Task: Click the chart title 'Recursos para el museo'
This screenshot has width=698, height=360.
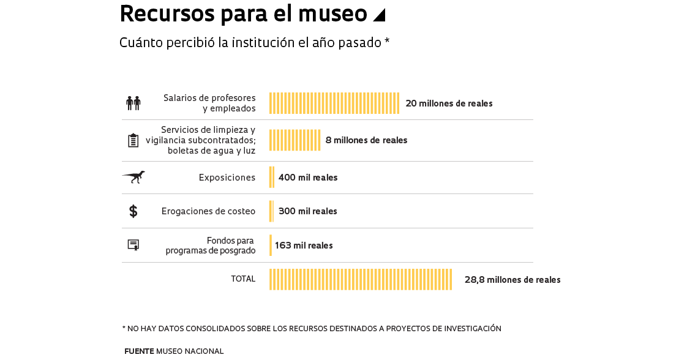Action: pyautogui.click(x=243, y=14)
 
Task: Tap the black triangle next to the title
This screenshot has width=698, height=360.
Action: pyautogui.click(x=380, y=15)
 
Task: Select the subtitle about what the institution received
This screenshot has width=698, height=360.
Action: pyautogui.click(x=254, y=43)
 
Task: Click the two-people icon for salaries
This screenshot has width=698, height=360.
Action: pyautogui.click(x=133, y=103)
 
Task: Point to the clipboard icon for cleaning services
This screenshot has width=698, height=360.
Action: pyautogui.click(x=133, y=140)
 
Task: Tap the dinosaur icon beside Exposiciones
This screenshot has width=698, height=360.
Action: pyautogui.click(x=133, y=177)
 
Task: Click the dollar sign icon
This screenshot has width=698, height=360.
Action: pyautogui.click(x=133, y=211)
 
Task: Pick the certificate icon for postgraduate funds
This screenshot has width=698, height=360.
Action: pyautogui.click(x=133, y=245)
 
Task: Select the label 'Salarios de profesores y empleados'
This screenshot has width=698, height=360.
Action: pyautogui.click(x=209, y=103)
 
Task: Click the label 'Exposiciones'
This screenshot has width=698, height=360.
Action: pyautogui.click(x=227, y=178)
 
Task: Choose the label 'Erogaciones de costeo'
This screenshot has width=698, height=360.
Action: pyautogui.click(x=208, y=211)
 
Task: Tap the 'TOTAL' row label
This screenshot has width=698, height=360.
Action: pyautogui.click(x=243, y=279)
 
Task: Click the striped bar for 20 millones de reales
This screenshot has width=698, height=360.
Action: pyautogui.click(x=334, y=103)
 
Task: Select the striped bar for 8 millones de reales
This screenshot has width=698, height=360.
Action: pyautogui.click(x=295, y=140)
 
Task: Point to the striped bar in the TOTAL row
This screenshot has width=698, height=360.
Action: pyautogui.click(x=361, y=279)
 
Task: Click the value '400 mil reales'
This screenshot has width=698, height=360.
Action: pyautogui.click(x=308, y=178)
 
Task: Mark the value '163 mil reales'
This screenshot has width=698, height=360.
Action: pyautogui.click(x=304, y=246)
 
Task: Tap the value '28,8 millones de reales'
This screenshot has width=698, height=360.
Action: pyautogui.click(x=512, y=280)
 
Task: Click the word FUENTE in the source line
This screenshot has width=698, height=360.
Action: pyautogui.click(x=139, y=351)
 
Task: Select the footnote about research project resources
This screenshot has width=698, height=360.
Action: pyautogui.click(x=312, y=329)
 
